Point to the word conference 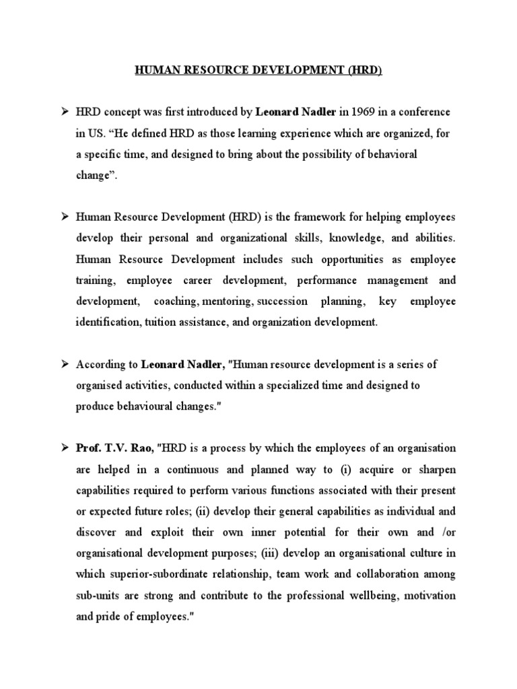coord(417,111)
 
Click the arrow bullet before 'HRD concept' coord(65,111)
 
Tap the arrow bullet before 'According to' coord(65,364)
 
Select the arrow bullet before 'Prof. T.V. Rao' coord(65,447)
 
